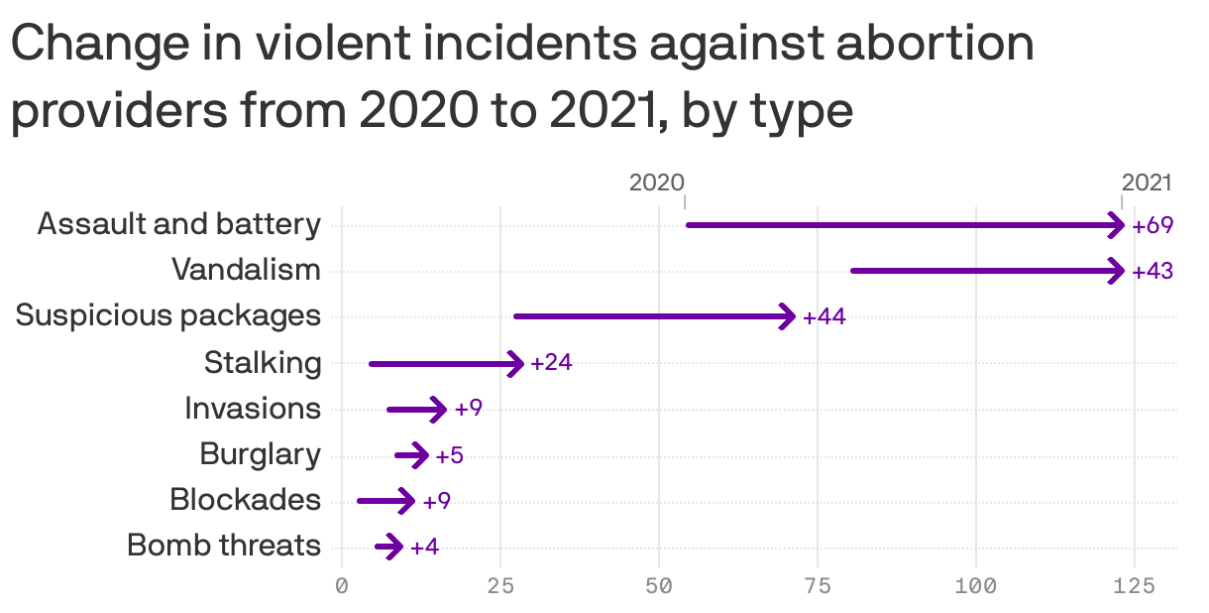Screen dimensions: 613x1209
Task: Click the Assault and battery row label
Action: (x=179, y=224)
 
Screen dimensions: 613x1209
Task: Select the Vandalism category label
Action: (x=246, y=270)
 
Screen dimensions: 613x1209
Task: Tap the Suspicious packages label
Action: (x=168, y=315)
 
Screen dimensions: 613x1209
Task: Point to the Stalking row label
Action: (x=263, y=363)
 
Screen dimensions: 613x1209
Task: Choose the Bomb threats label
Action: (x=224, y=546)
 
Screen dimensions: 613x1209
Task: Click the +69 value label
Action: (x=1153, y=225)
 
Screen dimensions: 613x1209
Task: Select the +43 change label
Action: (x=1153, y=271)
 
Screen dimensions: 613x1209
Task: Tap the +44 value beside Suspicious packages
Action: (x=824, y=317)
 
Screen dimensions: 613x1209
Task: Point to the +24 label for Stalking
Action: (x=551, y=363)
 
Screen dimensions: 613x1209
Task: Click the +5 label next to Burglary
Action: (x=449, y=456)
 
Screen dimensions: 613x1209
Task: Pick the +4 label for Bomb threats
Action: (x=424, y=547)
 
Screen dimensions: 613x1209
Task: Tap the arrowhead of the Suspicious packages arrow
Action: (x=789, y=316)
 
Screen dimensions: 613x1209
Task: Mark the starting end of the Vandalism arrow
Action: (x=854, y=270)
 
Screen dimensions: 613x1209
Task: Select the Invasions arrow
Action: (x=417, y=409)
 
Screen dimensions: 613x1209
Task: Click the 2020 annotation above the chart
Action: (x=656, y=183)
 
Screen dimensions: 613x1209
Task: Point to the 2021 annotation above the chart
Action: (x=1147, y=183)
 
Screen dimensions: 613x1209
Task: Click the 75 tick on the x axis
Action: (x=818, y=586)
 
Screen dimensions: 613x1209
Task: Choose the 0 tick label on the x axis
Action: (x=342, y=586)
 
